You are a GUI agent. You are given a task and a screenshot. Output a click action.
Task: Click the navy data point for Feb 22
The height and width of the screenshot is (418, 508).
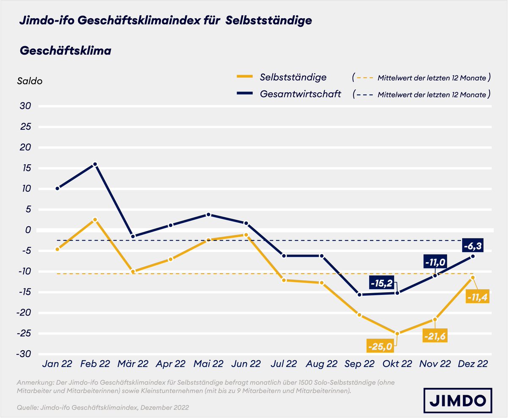(x=95, y=164)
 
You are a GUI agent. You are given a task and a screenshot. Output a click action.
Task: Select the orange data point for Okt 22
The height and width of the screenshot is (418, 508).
(x=397, y=333)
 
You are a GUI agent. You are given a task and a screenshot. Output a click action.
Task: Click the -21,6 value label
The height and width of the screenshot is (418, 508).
(x=435, y=335)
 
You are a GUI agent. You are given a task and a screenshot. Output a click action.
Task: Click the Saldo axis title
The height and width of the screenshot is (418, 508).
(x=30, y=81)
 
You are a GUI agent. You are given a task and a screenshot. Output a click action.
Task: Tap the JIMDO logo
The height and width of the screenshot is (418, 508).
(x=461, y=399)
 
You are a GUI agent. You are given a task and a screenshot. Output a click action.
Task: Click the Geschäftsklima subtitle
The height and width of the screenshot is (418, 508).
(x=66, y=51)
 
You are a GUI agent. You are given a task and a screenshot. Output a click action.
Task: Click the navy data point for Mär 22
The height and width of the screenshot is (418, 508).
(x=133, y=236)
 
